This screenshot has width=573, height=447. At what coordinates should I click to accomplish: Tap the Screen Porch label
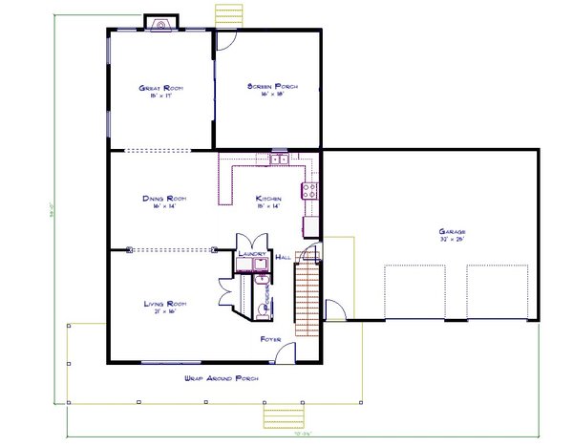273,87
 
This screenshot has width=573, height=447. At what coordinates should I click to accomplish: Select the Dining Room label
164,199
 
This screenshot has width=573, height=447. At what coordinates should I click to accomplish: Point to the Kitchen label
268,199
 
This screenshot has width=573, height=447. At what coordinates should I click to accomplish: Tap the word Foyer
270,339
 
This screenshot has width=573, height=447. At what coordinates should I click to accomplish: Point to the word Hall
283,257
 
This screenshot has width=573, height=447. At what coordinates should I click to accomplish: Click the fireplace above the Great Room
159,22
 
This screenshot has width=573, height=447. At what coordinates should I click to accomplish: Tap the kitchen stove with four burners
309,190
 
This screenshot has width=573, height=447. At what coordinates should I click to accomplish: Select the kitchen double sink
278,160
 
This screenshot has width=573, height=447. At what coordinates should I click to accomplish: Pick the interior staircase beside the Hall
305,293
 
